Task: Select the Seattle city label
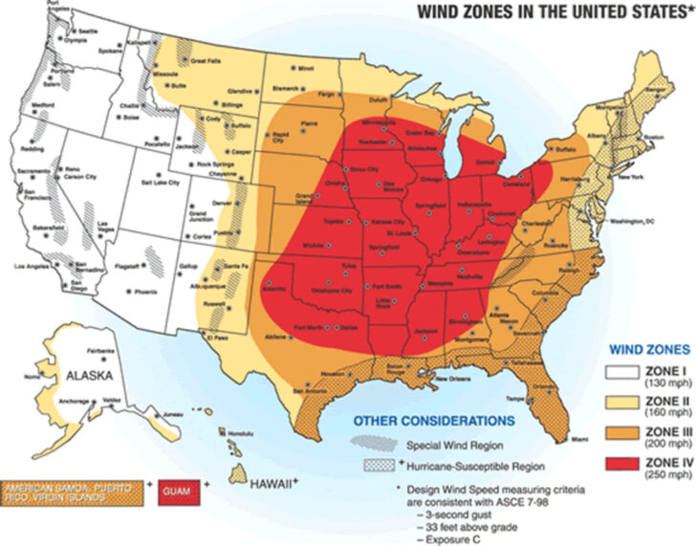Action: (88, 32)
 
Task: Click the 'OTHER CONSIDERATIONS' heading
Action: (407, 420)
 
